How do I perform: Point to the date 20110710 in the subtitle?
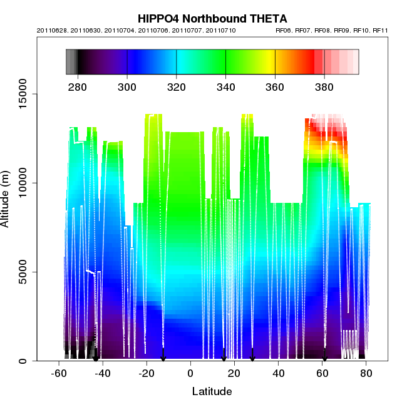click(223, 30)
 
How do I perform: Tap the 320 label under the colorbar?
click(177, 85)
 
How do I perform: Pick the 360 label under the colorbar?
click(275, 85)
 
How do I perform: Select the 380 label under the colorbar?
click(324, 85)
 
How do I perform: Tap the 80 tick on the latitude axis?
click(366, 374)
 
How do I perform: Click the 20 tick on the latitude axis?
click(234, 374)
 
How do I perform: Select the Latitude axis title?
click(212, 392)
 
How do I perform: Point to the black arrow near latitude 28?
click(252, 356)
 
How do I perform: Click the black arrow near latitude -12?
click(163, 356)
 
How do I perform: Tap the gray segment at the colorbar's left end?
click(71, 63)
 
